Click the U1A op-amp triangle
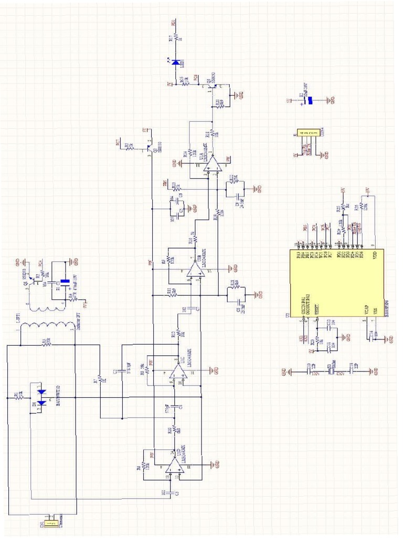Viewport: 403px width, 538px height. click(212, 164)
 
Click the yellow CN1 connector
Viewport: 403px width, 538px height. click(50, 522)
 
